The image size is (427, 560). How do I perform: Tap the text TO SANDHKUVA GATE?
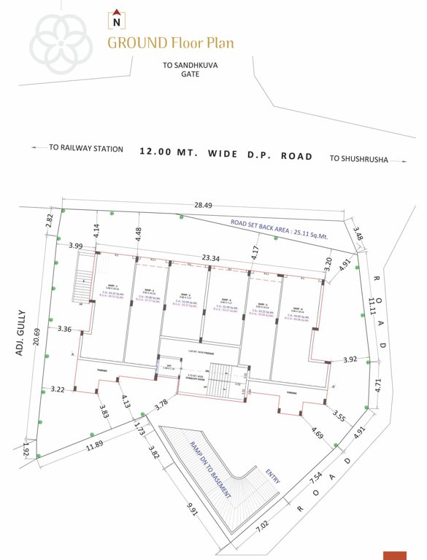[x=190, y=69]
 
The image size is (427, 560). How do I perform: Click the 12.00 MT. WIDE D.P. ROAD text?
[x=226, y=155]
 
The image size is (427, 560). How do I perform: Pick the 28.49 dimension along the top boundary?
[x=204, y=206]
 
